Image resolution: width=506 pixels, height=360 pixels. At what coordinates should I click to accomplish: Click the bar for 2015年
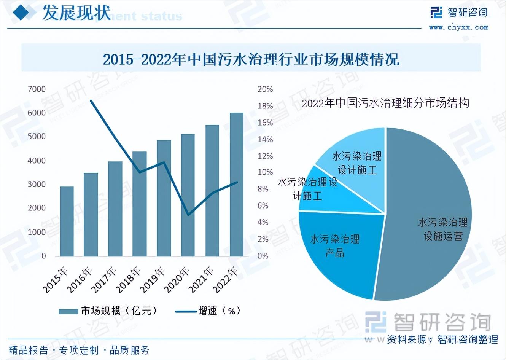67,221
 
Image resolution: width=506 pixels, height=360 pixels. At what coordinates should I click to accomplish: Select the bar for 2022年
237,185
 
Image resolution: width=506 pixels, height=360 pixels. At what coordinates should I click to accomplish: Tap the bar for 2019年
164,198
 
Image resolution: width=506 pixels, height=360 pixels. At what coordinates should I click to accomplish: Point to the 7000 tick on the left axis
37,89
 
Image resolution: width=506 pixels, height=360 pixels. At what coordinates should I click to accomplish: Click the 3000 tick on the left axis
37,184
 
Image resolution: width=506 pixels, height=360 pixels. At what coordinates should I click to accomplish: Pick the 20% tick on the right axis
265,89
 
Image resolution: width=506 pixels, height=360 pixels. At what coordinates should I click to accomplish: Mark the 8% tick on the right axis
263,189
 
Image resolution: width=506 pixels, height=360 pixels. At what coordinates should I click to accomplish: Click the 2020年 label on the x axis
177,280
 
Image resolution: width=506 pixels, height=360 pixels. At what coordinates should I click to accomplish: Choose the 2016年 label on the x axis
80,280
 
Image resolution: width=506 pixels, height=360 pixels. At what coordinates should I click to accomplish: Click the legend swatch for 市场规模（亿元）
68,311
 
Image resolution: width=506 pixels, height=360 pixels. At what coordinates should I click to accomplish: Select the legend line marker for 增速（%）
186,311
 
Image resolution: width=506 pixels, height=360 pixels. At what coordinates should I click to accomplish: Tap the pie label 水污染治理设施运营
443,229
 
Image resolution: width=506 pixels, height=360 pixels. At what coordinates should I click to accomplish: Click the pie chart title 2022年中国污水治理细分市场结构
385,103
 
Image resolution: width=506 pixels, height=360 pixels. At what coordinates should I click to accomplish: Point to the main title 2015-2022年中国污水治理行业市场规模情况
251,59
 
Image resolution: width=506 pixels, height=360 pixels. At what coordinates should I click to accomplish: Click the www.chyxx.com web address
458,27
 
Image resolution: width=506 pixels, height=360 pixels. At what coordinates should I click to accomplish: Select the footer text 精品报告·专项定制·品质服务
79,350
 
